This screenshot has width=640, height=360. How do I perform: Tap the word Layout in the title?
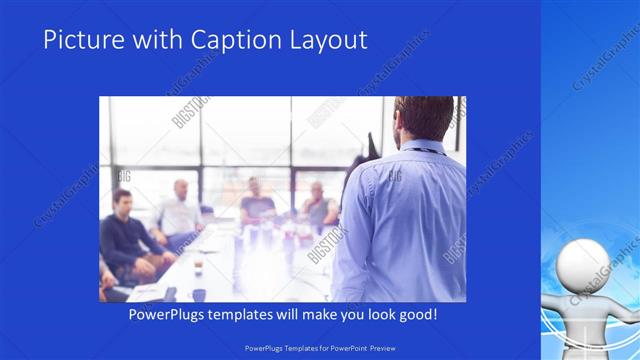coord(326,40)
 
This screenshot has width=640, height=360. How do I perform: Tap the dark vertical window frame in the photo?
coord(291,150)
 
